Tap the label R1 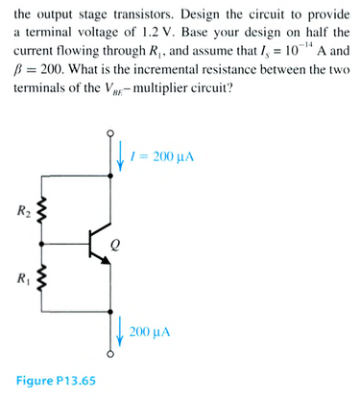pos(21,279)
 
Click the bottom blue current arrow pos(119,332)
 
